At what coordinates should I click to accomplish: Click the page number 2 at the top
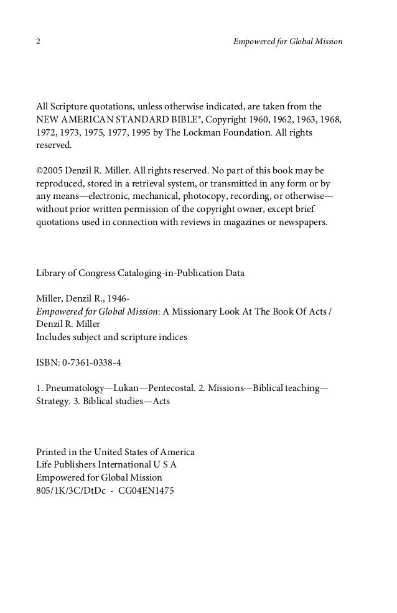click(x=39, y=42)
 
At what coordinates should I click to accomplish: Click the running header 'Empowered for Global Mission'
click(x=287, y=42)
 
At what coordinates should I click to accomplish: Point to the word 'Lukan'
click(x=124, y=388)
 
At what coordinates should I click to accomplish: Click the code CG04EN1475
click(x=146, y=491)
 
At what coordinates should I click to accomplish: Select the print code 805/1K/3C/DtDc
click(x=70, y=491)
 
